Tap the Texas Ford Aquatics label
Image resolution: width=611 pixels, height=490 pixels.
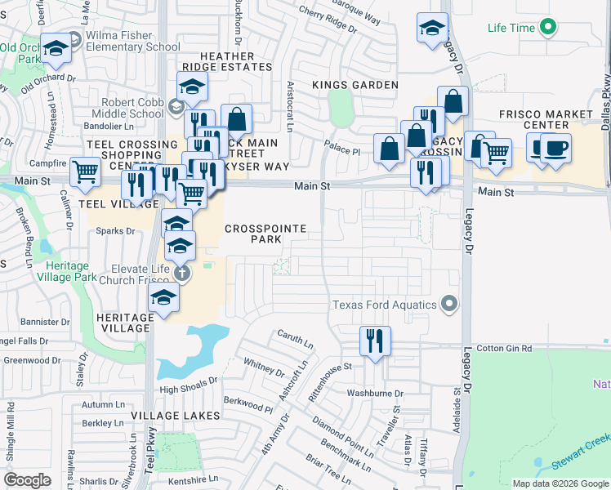pyautogui.click(x=385, y=305)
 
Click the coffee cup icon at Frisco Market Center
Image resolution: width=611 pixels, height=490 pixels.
pyautogui.click(x=555, y=149)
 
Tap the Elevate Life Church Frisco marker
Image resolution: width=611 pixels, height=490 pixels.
pyautogui.click(x=181, y=273)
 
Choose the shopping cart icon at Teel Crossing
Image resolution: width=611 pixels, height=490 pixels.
pyautogui.click(x=85, y=171)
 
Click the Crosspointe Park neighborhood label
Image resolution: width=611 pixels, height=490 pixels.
pyautogui.click(x=253, y=234)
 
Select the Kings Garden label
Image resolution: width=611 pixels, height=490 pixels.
pyautogui.click(x=355, y=85)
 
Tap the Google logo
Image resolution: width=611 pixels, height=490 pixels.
pyautogui.click(x=28, y=480)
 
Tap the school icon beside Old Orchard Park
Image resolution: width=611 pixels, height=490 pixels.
pyautogui.click(x=56, y=49)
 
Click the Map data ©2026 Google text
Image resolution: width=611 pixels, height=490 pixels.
pyautogui.click(x=560, y=483)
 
